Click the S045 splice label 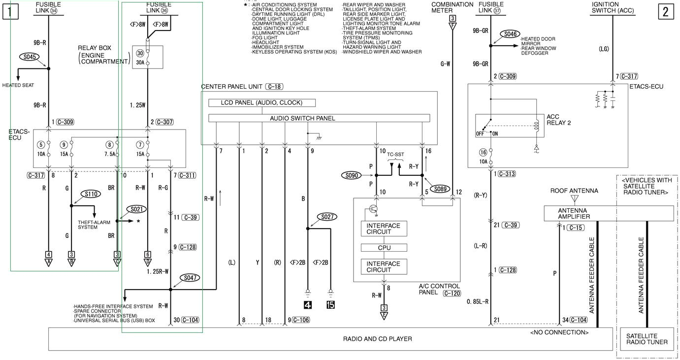[30, 56]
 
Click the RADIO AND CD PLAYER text [377, 339]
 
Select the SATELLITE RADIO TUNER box [647, 339]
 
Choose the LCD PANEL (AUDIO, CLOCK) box [261, 103]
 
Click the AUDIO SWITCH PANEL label [302, 118]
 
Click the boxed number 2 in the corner [665, 12]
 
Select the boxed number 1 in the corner [10, 11]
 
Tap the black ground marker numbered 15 [330, 305]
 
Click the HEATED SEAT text [18, 85]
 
